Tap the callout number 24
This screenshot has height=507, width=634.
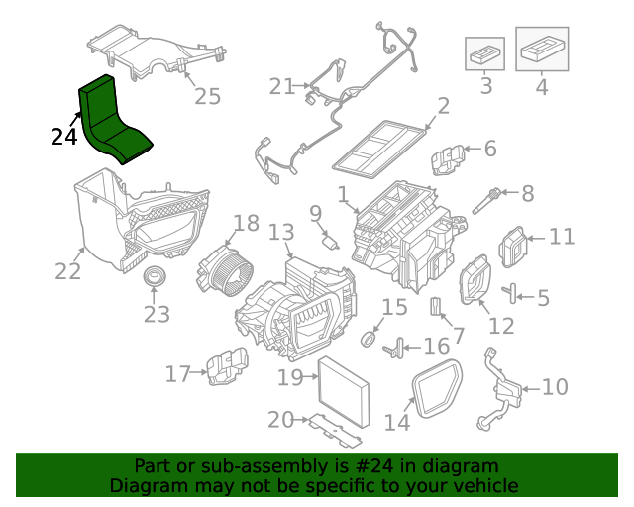coord(63,137)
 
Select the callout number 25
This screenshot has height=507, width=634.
coord(207,96)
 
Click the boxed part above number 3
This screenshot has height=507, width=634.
coord(485,51)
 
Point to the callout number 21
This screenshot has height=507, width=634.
coord(282,87)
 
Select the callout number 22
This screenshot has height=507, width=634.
coord(68,269)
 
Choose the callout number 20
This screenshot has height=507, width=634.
coord(281,420)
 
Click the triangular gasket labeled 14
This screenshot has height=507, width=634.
coord(434,388)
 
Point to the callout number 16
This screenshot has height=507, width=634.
coord(436,347)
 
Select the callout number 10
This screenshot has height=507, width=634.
coord(555,387)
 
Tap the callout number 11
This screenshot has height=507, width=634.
coord(562,237)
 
